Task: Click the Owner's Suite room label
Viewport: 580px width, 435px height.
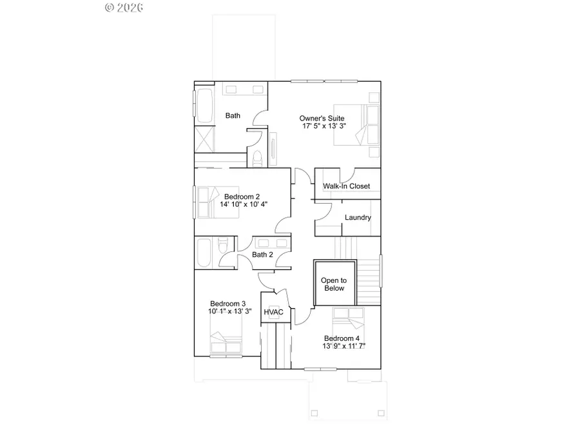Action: pyautogui.click(x=322, y=119)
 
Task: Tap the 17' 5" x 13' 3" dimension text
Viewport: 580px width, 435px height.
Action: pyautogui.click(x=324, y=126)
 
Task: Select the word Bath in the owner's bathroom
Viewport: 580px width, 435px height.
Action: pyautogui.click(x=233, y=116)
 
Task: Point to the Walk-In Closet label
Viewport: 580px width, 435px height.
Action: pyautogui.click(x=347, y=186)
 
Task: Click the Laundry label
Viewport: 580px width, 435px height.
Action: pyautogui.click(x=358, y=217)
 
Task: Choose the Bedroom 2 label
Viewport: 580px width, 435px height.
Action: pyautogui.click(x=242, y=197)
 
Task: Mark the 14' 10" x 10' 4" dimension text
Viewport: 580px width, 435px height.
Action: pyautogui.click(x=244, y=204)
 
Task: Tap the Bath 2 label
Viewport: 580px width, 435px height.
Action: pyautogui.click(x=262, y=255)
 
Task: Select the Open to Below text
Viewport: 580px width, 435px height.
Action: pyautogui.click(x=334, y=284)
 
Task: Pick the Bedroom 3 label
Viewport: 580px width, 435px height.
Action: pyautogui.click(x=227, y=304)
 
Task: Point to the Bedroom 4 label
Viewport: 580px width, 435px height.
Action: pyautogui.click(x=342, y=338)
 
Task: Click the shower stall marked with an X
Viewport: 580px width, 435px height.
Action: pyautogui.click(x=204, y=139)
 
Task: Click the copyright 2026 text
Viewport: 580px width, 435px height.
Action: pyautogui.click(x=124, y=7)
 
